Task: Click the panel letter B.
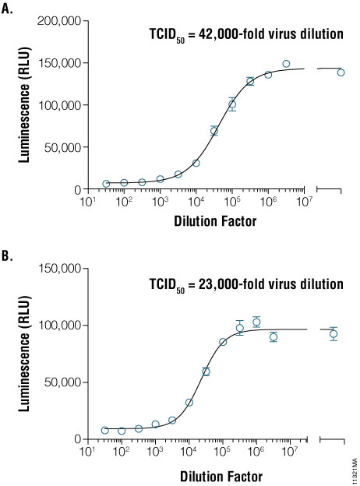click(8, 252)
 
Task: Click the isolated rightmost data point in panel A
click(341, 72)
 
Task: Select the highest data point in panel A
click(286, 64)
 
